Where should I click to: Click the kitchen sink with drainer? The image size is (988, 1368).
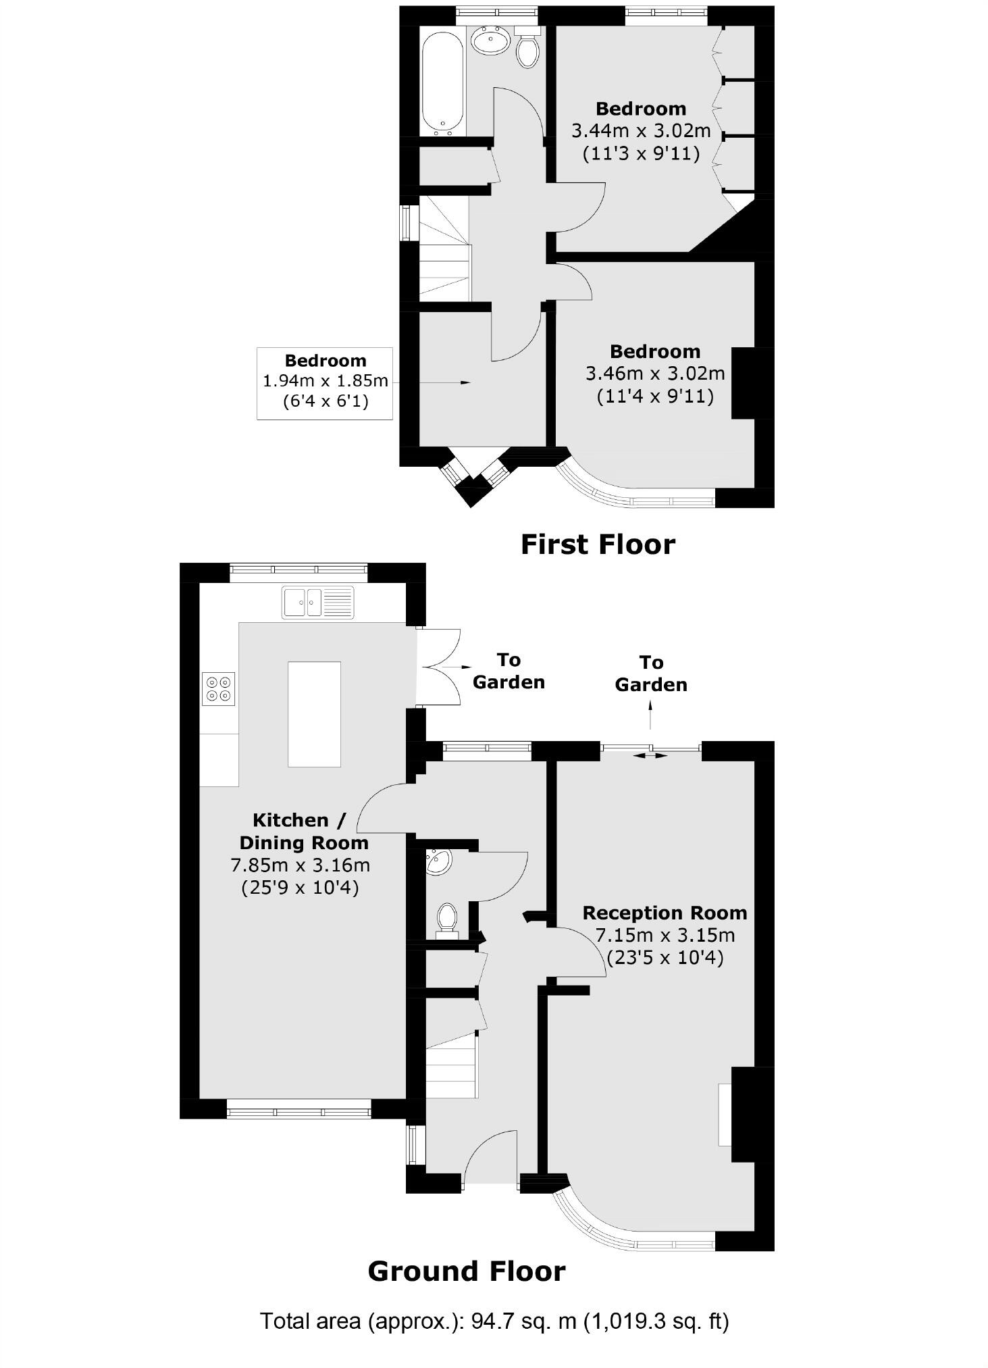pos(317,602)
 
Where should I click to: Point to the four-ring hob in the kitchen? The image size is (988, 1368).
pos(218,688)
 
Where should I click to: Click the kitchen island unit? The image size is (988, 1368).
pos(314,714)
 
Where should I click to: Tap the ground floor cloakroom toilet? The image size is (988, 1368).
pos(447,920)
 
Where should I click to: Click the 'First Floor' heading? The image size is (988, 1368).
pos(598,544)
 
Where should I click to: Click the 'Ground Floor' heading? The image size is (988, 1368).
pos(466,1271)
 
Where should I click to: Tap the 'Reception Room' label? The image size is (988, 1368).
pos(665,913)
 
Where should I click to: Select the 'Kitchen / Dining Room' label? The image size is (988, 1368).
pos(303,832)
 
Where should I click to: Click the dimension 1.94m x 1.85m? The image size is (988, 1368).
pos(325,381)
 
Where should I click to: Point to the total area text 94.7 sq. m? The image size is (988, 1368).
pos(521,1321)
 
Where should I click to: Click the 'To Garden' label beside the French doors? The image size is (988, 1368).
pos(509,671)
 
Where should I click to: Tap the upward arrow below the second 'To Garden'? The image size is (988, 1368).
pos(650,715)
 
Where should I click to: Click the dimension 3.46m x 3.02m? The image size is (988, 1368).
pos(654,373)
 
